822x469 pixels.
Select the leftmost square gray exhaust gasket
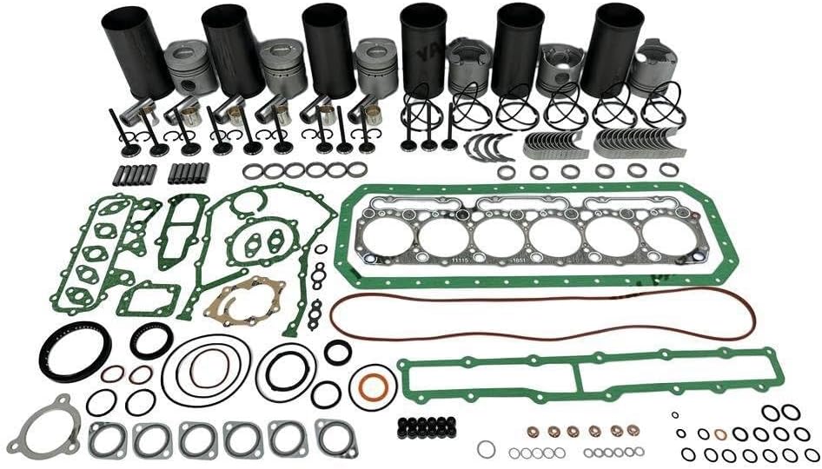[108, 439]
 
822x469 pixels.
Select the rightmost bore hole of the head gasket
[669, 236]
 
